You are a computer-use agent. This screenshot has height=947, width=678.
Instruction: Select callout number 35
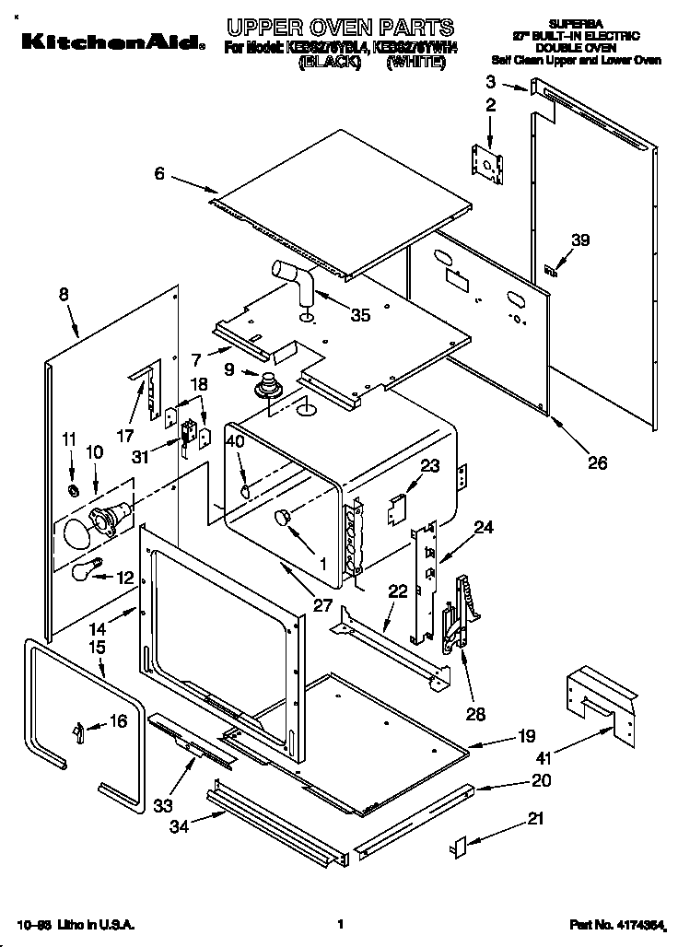tap(360, 315)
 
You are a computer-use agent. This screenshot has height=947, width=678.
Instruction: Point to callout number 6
tap(159, 172)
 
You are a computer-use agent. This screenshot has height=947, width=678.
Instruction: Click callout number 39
tap(579, 240)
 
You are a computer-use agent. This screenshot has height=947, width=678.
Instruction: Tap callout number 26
tap(597, 463)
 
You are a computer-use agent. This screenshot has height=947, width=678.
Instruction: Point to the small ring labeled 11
tap(72, 486)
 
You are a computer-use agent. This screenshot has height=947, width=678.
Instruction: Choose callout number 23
tap(429, 466)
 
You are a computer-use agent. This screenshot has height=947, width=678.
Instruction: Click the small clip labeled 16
tap(79, 731)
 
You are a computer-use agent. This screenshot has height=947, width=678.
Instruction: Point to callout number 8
tap(64, 296)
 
